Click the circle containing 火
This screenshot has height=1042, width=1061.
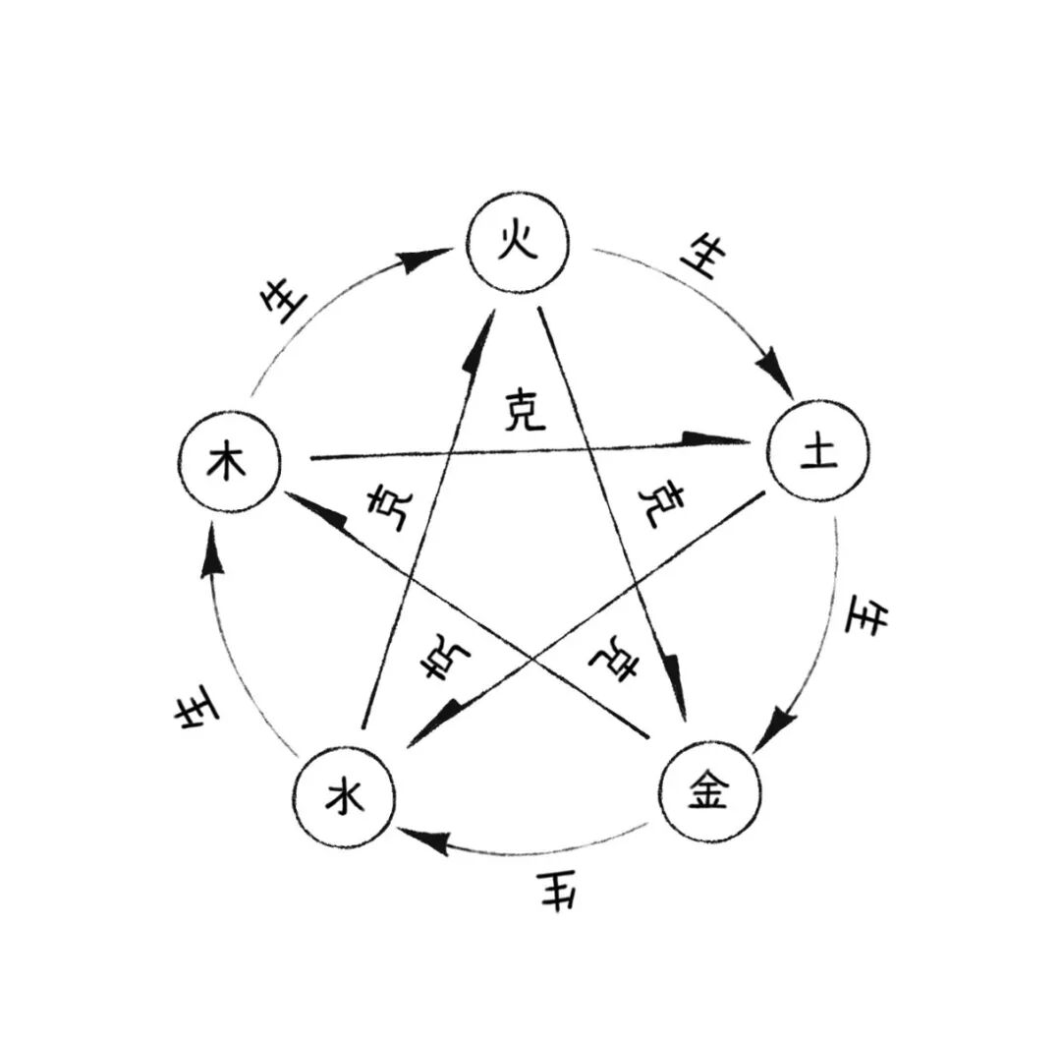click(x=518, y=245)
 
